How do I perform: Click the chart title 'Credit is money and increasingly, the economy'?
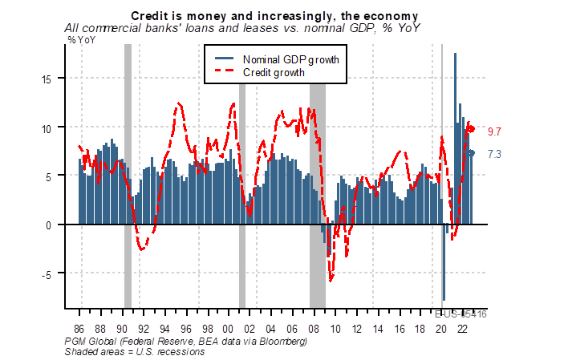[x=275, y=16]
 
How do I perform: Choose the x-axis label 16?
[x=400, y=329]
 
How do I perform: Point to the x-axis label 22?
[x=463, y=329]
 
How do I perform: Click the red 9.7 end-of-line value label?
[x=495, y=131]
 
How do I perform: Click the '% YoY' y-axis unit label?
[x=83, y=39]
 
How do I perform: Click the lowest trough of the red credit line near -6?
[x=331, y=280]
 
